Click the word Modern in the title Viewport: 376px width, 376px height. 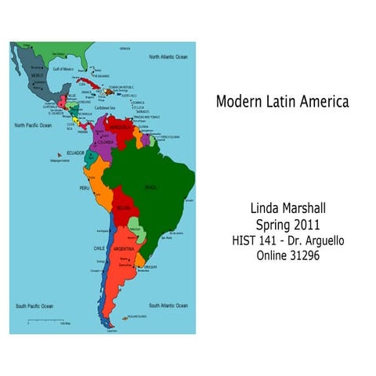coord(238,102)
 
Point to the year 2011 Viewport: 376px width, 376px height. coord(302,225)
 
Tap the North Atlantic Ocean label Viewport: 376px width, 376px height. coord(168,57)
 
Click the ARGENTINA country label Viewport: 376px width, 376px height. coord(125,248)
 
